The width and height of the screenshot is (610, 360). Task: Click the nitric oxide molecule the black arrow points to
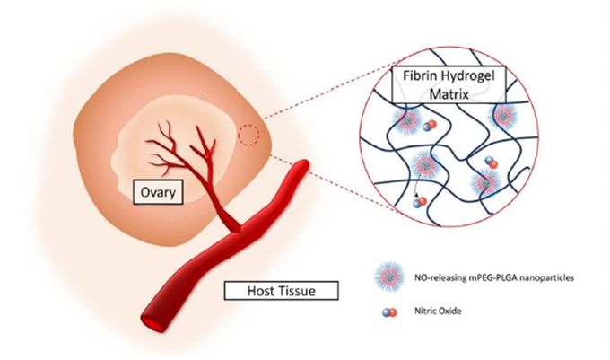point(418,205)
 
